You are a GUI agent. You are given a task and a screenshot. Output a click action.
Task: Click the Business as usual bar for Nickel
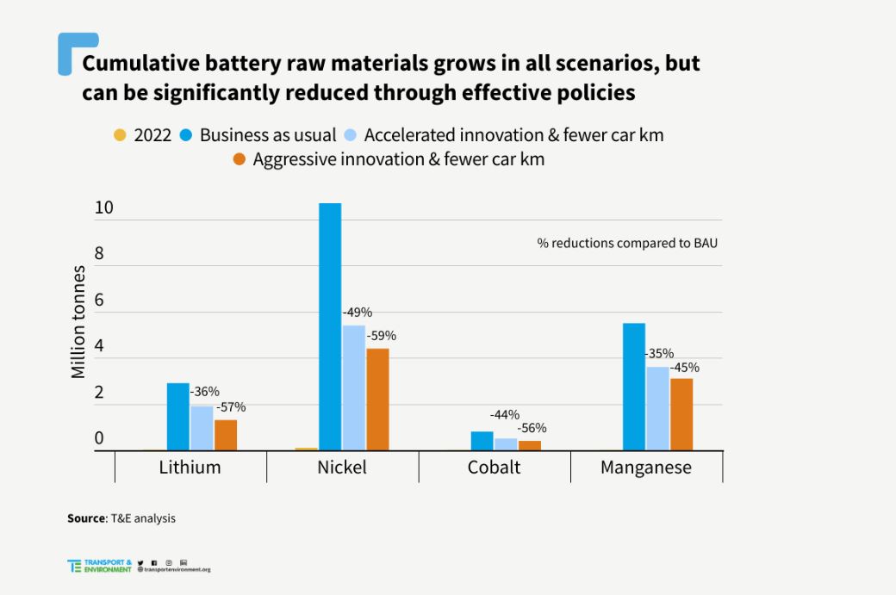point(330,327)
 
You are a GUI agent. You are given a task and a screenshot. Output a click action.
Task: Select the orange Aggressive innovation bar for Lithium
point(226,435)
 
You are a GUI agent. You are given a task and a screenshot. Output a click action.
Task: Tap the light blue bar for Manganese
point(657,408)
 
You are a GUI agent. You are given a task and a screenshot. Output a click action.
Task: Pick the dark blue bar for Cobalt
point(482,441)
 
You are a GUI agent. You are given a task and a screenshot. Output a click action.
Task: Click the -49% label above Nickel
point(357,313)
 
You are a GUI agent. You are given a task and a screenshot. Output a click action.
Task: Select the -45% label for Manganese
point(684,368)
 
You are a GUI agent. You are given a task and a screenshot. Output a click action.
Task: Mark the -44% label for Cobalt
point(504,415)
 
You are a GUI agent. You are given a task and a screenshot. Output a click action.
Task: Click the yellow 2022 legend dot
point(120,135)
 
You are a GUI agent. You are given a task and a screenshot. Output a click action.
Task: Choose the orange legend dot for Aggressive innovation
point(240,159)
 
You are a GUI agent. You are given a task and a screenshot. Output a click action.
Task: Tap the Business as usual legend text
point(267,135)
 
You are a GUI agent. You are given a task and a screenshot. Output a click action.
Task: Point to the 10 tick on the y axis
point(104,208)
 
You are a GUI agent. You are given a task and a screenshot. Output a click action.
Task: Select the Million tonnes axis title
point(78,322)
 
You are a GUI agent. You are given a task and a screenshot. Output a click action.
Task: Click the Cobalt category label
point(494,468)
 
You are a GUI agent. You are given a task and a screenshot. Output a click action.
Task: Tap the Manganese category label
point(645,468)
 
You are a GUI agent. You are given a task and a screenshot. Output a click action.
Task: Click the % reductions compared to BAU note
point(627,243)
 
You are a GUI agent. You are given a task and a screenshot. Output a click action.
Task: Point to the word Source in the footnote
point(86,518)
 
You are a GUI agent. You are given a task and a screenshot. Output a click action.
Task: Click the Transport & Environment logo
point(100,566)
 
